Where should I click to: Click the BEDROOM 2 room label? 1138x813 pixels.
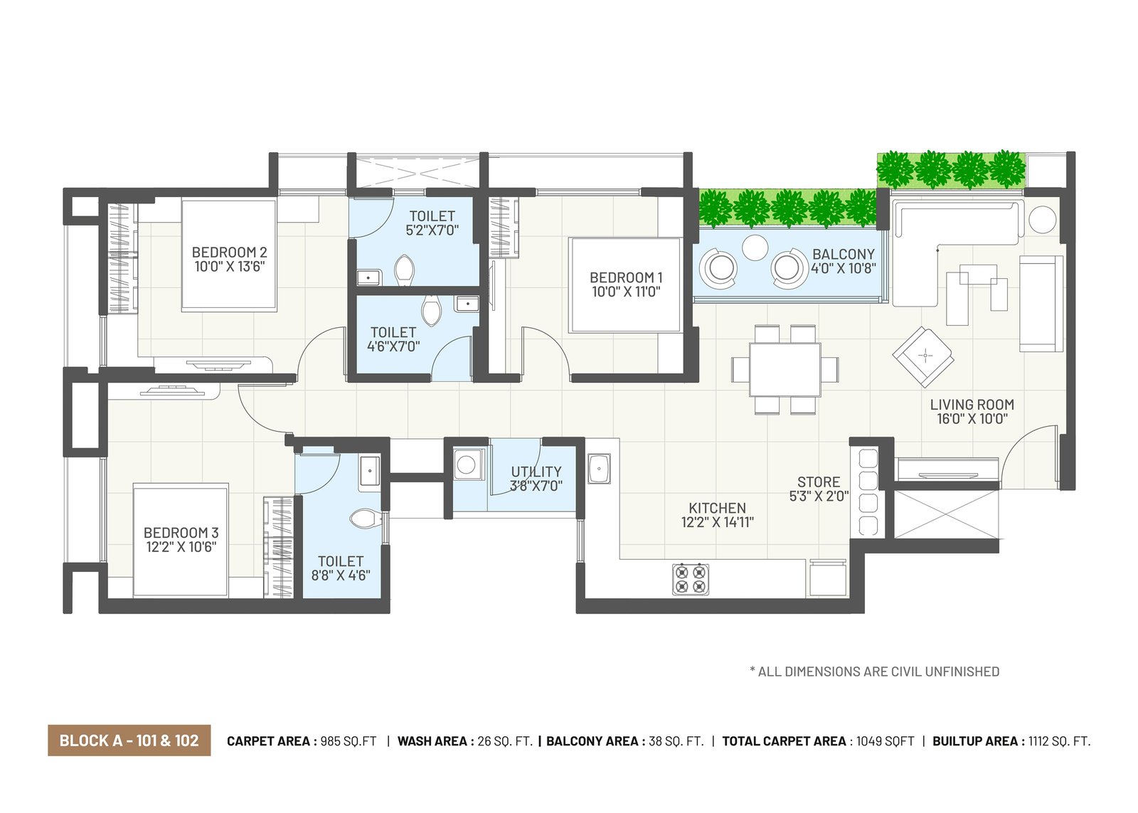[x=229, y=253]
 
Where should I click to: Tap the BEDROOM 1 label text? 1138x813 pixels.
[x=626, y=277]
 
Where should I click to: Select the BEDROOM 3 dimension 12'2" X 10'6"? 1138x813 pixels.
[x=181, y=547]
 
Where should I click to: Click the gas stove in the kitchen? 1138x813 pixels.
[x=691, y=579]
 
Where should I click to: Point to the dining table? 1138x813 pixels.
[x=785, y=369]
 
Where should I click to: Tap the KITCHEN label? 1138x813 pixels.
[x=718, y=508]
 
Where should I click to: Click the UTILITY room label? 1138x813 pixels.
[x=536, y=472]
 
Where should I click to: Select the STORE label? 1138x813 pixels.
[x=819, y=482]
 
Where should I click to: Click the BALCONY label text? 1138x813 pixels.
[x=844, y=254]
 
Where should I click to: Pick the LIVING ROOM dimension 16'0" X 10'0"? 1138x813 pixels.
[x=972, y=419]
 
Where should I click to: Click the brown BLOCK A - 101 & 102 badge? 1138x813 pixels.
[x=129, y=741]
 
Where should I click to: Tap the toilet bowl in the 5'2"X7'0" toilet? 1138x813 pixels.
[x=405, y=270]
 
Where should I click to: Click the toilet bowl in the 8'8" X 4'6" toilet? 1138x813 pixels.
[x=366, y=519]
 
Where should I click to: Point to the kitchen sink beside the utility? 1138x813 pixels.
[x=600, y=469]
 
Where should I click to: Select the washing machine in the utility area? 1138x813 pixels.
[x=466, y=464]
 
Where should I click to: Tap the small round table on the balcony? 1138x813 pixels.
[x=755, y=248]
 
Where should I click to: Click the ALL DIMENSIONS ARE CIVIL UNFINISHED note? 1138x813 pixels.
[x=874, y=671]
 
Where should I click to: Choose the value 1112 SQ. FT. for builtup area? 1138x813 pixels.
[x=1060, y=741]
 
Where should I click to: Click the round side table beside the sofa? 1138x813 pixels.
[x=1043, y=220]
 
